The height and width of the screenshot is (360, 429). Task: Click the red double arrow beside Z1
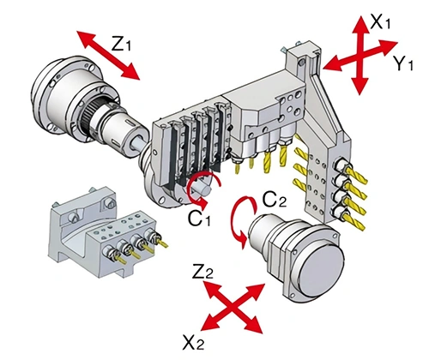[x=107, y=55]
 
